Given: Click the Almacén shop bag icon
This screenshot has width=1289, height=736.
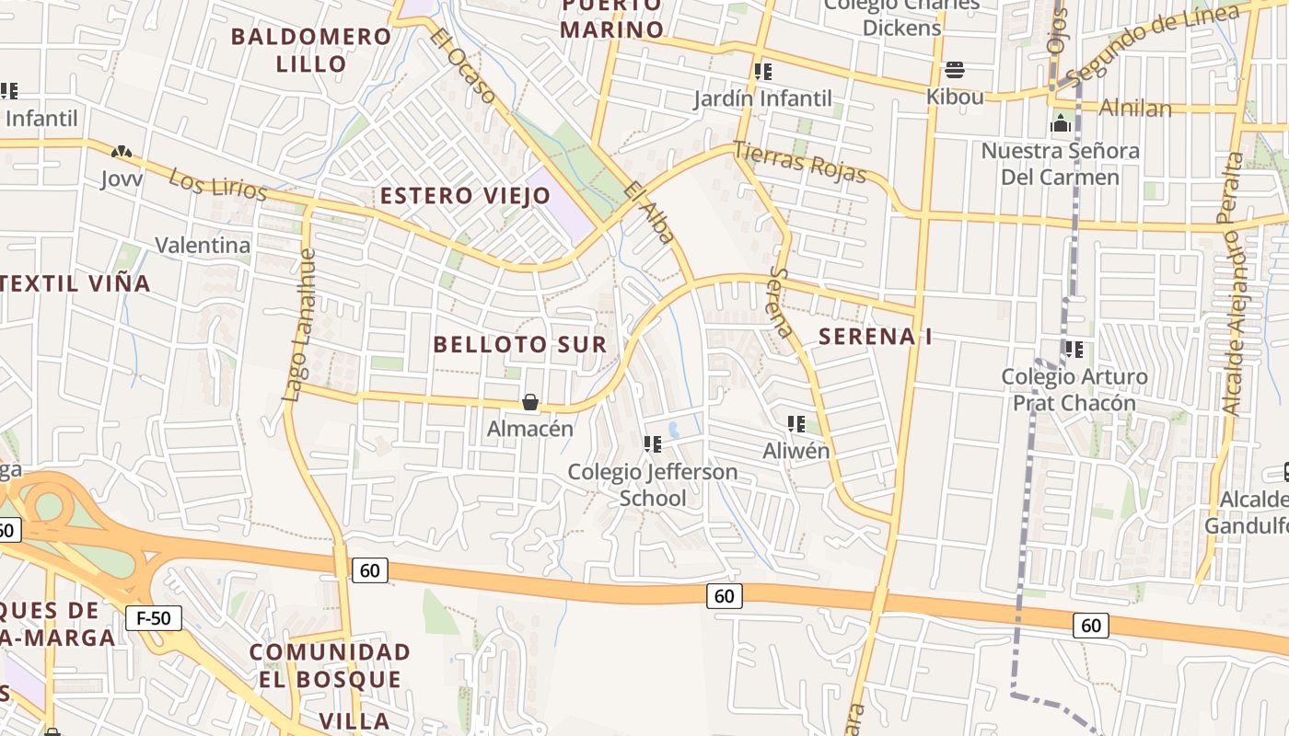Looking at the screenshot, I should pos(530,402).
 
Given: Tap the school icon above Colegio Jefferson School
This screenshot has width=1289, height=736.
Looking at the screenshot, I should pos(653,445).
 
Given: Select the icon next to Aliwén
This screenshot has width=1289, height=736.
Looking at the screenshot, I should pos(796,424).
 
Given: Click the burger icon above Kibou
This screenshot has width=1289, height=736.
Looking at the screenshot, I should pos(954,70).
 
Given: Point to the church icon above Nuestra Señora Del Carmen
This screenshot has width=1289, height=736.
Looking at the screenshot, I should pos(1061,123).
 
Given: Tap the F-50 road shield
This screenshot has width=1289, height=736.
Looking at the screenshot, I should pos(154,618).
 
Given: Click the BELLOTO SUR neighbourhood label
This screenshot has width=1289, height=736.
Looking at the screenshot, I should pos(520,344).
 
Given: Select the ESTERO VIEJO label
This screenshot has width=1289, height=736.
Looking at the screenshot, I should pos(465,195).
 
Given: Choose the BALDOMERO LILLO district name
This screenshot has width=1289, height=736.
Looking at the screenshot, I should pos(311,50).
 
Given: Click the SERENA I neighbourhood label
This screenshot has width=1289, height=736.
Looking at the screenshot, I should pos(875,337).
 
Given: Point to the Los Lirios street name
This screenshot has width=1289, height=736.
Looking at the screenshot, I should pos(217,183).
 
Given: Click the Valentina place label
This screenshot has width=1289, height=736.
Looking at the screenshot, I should pos(203,245).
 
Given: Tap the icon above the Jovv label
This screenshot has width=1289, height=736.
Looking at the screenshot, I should pos(121,152).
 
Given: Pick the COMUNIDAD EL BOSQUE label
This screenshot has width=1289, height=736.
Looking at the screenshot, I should pos(331,666).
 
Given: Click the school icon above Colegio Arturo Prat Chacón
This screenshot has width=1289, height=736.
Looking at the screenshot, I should pos(1074,350).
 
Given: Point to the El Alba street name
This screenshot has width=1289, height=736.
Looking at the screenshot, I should pos(649,213).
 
